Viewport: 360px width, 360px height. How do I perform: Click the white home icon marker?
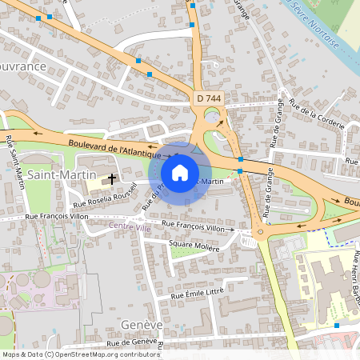pos(180,172)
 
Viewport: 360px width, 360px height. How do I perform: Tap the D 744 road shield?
pos(208,98)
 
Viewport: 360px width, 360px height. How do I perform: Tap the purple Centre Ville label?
pos(130,228)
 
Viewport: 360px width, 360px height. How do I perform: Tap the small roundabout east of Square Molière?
pos(250,239)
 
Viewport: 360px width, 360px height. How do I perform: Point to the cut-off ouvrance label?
pos(23,66)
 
